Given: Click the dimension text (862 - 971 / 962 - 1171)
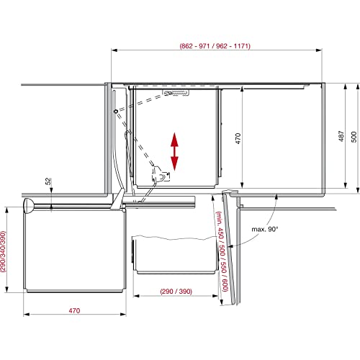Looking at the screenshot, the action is tap(215, 46).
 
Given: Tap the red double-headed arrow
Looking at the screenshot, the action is tap(174, 152).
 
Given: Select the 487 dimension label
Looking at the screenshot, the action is tap(341, 136).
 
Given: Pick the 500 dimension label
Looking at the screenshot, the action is tap(354, 137).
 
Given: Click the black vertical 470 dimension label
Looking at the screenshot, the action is tap(238, 138).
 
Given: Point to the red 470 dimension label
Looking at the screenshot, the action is tap(74, 310).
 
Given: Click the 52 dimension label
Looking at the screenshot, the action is tap(48, 181).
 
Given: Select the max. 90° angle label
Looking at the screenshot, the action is tap(264, 229).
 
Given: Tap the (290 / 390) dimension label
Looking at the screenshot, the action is tap(176, 292).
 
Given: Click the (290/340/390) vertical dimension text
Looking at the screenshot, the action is tap(3, 251).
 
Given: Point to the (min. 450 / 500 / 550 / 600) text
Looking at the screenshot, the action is tap(222, 251).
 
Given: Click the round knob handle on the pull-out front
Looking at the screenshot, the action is tap(28, 206).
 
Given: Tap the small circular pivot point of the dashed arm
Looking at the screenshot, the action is tap(116, 112).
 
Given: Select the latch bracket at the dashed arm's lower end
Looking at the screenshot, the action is tap(161, 174).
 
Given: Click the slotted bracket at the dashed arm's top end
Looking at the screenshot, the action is tap(176, 92).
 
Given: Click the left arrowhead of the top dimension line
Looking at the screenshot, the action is tap(114, 50).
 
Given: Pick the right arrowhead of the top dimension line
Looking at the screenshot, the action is tap(319, 50).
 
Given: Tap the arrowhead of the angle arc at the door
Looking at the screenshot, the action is tap(230, 246).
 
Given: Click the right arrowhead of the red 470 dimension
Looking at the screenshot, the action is tap(123, 314).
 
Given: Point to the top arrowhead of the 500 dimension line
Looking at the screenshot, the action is tap(358, 86).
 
